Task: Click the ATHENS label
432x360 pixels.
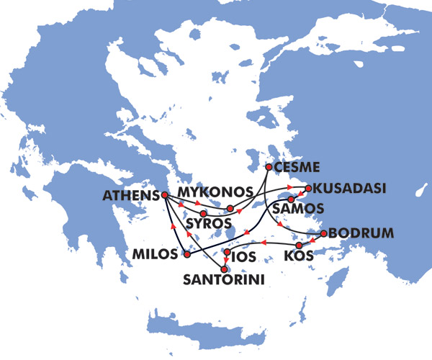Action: click(x=131, y=195)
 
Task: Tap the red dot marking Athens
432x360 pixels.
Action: click(x=165, y=195)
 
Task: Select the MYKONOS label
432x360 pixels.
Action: click(x=215, y=192)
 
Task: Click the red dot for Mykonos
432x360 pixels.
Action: click(x=230, y=209)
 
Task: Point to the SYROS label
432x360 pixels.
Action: click(x=208, y=224)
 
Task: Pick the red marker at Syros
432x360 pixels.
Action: click(x=204, y=213)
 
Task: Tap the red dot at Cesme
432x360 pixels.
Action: click(x=269, y=167)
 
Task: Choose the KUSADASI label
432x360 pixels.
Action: click(x=351, y=189)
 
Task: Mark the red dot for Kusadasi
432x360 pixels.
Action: click(x=307, y=189)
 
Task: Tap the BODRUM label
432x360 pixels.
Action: click(x=361, y=233)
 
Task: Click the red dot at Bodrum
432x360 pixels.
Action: click(x=324, y=233)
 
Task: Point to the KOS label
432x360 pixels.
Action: click(x=300, y=256)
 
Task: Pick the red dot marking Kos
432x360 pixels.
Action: click(x=299, y=246)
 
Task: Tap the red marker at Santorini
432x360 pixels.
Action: click(x=233, y=269)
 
